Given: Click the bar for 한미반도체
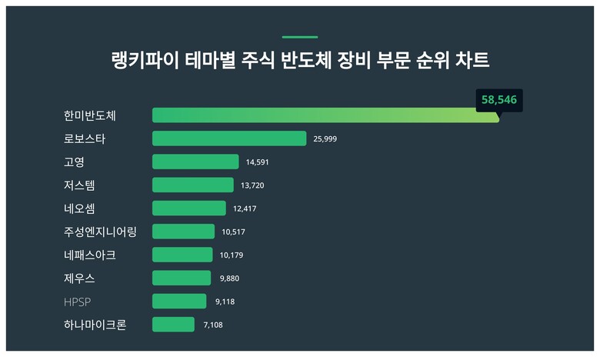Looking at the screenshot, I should coord(325,115).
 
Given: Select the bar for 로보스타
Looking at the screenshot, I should coord(229,138).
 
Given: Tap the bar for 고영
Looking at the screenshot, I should coord(195,162).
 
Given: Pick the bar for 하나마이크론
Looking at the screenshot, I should coord(173,325).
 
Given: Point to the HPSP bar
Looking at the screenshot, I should coord(179,302).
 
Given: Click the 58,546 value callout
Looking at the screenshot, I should coord(498,100).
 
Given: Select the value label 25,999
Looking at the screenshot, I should coord(325,139).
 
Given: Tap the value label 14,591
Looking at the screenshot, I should coord(258,162).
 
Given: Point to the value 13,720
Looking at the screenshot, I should coord(252,185).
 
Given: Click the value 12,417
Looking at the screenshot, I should coord(245,208).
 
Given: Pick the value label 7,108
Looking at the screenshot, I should coord(213,325).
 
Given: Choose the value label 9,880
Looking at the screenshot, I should coord(229,278).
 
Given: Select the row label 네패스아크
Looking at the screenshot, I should coord(91,255).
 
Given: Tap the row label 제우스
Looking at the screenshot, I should coord(80,278).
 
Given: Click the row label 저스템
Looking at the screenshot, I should coord(80,185).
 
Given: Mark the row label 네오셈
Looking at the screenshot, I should coord(80,208).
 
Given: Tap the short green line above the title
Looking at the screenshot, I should coord(300,37).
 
